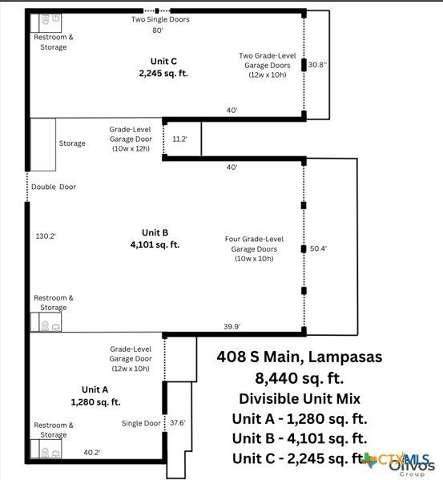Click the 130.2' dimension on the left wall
point(46,236)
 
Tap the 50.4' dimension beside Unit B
point(318,248)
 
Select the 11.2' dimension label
point(179,139)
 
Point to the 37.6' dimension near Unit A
point(178,423)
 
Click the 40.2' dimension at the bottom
point(92,452)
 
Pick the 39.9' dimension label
point(232,326)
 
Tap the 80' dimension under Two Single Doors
point(158,30)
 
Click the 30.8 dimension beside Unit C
point(317,65)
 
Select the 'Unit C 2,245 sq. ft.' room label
point(163,67)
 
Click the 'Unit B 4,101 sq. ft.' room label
point(155,239)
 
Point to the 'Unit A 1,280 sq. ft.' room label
point(95,396)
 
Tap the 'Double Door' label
point(54,187)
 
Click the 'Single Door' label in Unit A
point(141,423)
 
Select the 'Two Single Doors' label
point(160,19)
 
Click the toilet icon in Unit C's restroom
point(46,20)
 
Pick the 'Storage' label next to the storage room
point(72,143)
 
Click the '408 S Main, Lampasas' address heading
point(300,357)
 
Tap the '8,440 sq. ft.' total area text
point(300,378)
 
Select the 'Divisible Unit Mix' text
point(300,398)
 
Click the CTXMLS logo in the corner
point(397,460)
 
